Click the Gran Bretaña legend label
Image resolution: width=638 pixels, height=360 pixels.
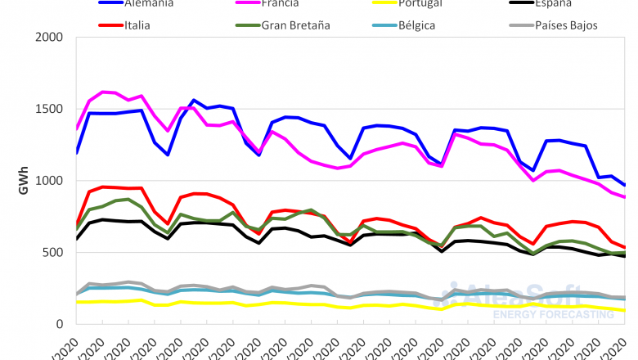295,25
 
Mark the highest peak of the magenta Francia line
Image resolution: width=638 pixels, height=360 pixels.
102,92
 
